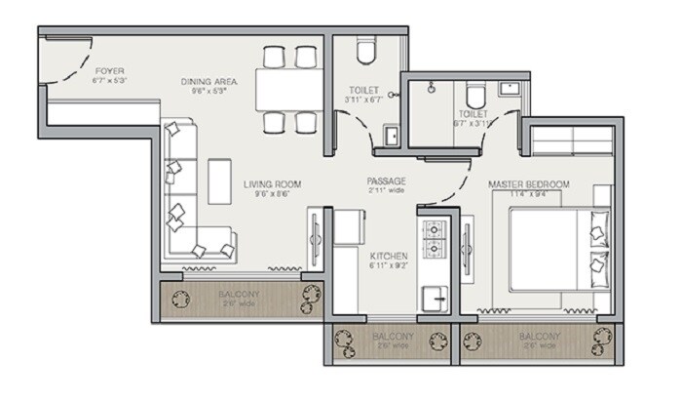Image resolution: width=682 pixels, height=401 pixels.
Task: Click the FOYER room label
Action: [109, 72]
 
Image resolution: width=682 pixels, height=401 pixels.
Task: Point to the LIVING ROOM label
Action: [272, 183]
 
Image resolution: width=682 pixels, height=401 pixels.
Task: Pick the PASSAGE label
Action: [386, 181]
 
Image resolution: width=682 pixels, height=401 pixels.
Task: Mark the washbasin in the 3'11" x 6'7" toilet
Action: [389, 135]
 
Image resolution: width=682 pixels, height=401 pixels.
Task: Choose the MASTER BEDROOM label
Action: [529, 184]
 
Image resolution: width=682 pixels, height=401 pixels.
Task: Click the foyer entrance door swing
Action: [70, 60]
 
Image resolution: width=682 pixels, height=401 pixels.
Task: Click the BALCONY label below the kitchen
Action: [392, 338]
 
